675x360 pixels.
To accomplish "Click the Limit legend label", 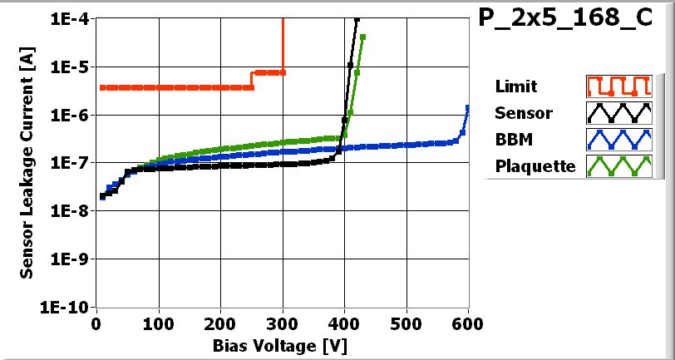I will tap(515, 86).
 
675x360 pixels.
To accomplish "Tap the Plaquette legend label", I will tap(535, 165).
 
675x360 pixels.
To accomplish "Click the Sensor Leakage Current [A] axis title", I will tap(27, 163).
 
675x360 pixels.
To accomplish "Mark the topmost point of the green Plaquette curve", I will tap(362, 37).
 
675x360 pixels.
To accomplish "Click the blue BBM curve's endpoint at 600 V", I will tap(468, 107).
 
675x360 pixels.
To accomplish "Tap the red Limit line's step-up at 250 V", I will tap(252, 80).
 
